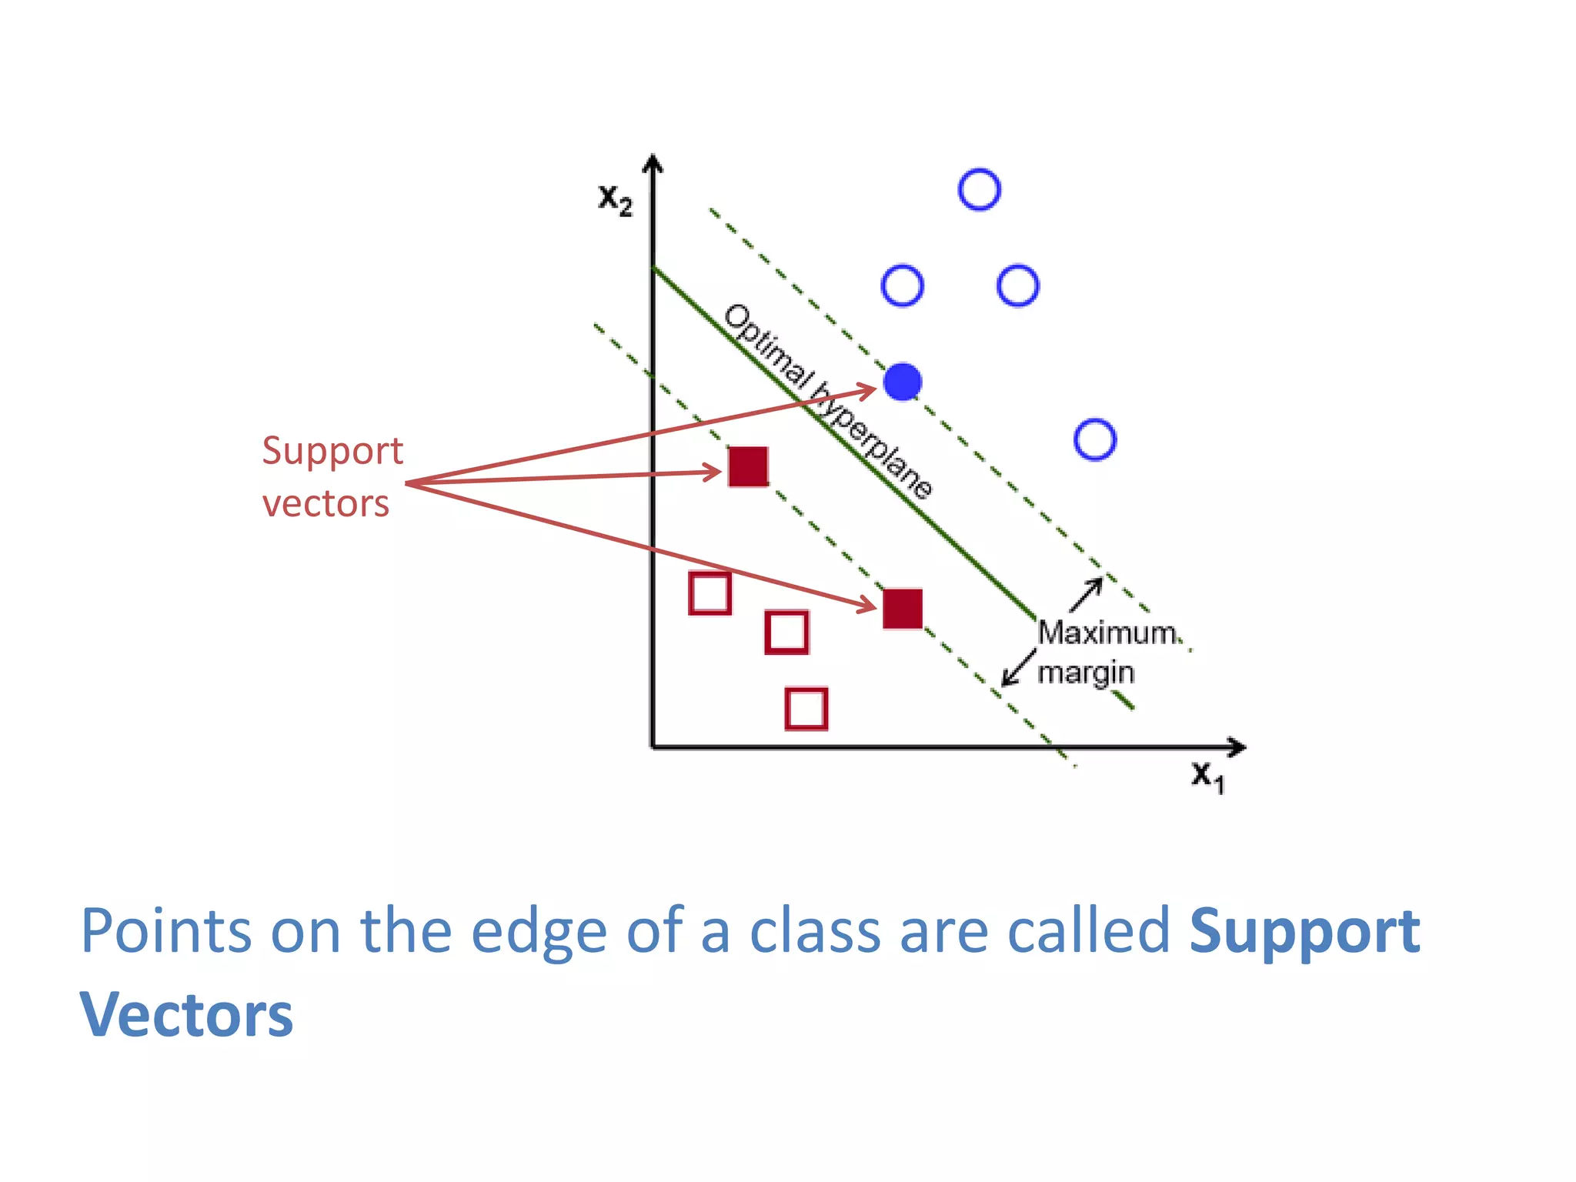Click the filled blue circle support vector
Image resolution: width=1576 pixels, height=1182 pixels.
tap(903, 382)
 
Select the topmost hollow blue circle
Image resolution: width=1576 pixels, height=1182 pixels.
tap(980, 189)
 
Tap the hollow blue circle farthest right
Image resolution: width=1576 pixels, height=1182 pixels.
tap(1094, 439)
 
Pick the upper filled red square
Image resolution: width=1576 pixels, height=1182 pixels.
tap(748, 466)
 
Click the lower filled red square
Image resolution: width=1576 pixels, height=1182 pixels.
tap(903, 609)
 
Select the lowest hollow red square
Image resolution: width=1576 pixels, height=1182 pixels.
tap(806, 708)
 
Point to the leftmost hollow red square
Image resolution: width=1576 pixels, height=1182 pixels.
tap(710, 593)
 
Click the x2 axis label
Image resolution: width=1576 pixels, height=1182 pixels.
tap(615, 200)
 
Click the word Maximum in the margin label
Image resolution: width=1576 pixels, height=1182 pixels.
tap(1107, 633)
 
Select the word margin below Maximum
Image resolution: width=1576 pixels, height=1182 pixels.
tap(1086, 673)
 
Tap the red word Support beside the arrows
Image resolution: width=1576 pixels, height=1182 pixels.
tap(332, 451)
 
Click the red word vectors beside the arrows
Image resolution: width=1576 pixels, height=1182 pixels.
tap(326, 504)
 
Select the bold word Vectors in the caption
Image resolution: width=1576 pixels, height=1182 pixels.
tap(186, 1015)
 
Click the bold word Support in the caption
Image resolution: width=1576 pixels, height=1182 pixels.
tap(1304, 931)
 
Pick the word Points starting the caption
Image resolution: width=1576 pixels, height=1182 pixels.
tap(165, 931)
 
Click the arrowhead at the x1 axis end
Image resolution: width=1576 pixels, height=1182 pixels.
tap(1237, 746)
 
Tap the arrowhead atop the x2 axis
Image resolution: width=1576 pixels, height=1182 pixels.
tap(653, 163)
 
